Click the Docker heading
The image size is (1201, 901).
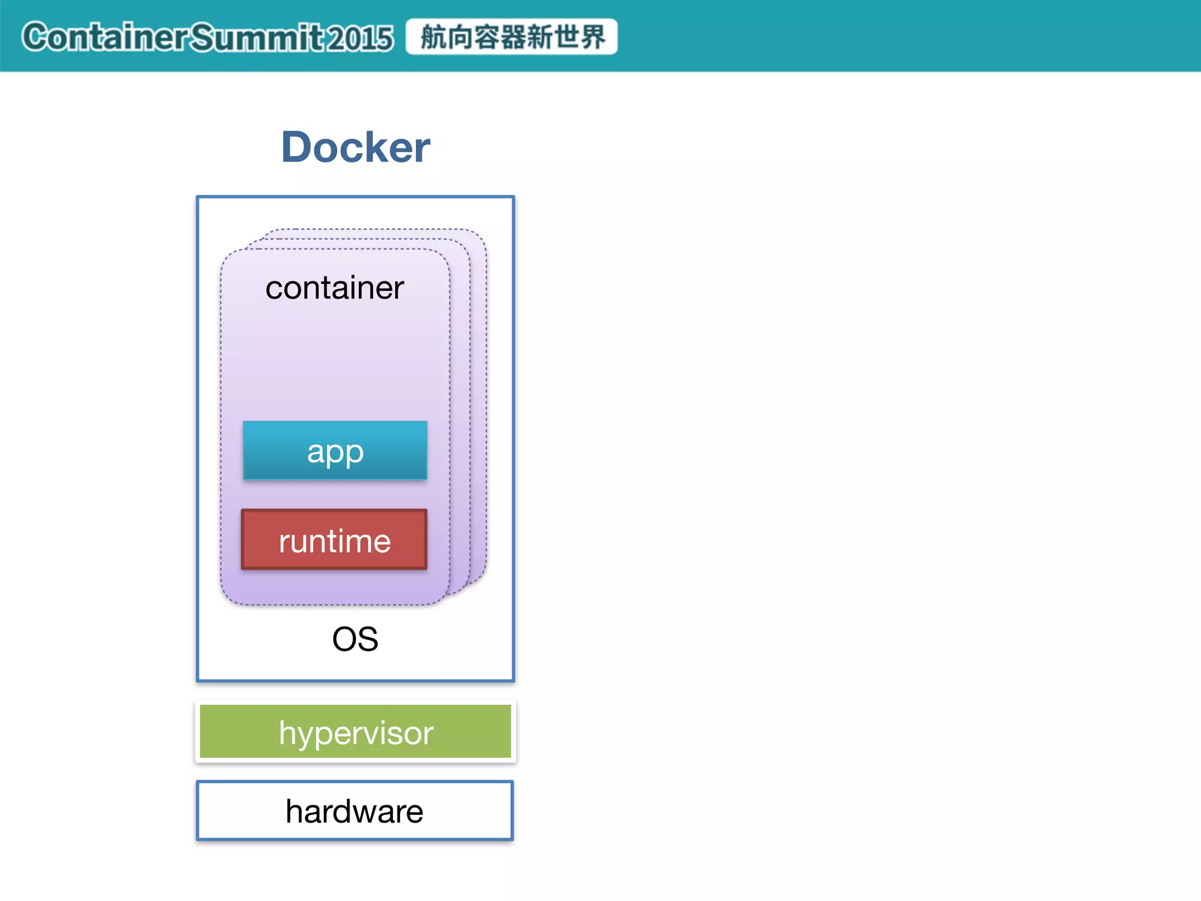355,147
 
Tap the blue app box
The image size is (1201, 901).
335,450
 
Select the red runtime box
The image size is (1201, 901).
334,540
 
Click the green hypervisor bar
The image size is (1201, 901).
355,731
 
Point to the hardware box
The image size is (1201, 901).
355,811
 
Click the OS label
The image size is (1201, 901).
355,639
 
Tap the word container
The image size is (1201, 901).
334,287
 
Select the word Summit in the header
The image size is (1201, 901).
256,37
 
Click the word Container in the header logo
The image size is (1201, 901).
106,37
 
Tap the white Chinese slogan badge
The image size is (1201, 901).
511,36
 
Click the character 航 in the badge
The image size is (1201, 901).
434,37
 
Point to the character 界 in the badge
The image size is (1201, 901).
592,37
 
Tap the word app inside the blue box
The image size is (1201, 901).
335,452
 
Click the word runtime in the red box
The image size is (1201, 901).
334,541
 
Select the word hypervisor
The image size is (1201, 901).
355,733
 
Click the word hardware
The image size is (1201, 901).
354,811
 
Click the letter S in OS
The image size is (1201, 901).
367,639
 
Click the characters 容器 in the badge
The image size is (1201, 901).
499,37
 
